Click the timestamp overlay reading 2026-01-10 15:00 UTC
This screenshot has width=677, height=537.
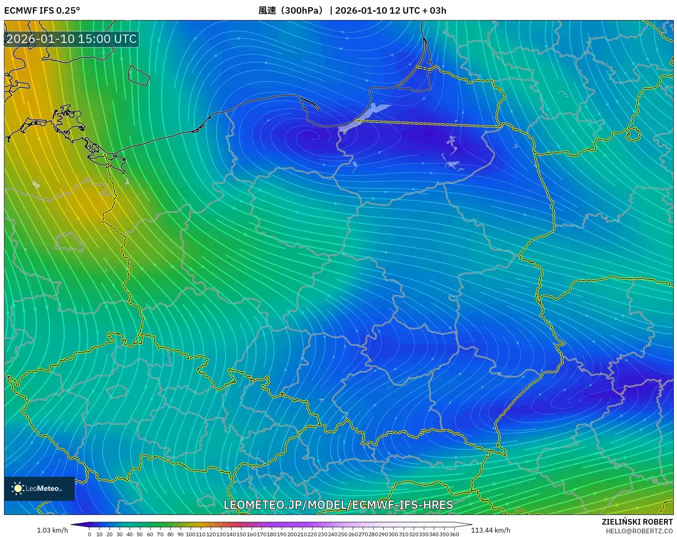click(x=71, y=39)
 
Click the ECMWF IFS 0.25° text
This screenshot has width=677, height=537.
click(x=42, y=10)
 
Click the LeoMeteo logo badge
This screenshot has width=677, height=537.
click(x=39, y=488)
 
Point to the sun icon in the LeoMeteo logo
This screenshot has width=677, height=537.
click(x=18, y=488)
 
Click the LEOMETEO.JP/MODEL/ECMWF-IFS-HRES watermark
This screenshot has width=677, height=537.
click(x=338, y=505)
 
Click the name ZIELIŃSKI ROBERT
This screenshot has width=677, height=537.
click(x=637, y=522)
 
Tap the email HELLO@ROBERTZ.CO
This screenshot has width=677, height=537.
click(x=639, y=531)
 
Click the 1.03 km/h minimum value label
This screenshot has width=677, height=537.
click(x=52, y=530)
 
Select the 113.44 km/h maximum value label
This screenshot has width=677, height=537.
click(x=490, y=530)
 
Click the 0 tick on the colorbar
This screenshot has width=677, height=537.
click(x=89, y=534)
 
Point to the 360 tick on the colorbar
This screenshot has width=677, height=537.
click(x=454, y=534)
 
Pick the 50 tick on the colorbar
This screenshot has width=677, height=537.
click(x=140, y=534)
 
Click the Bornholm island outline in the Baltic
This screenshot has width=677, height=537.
click(x=138, y=75)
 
